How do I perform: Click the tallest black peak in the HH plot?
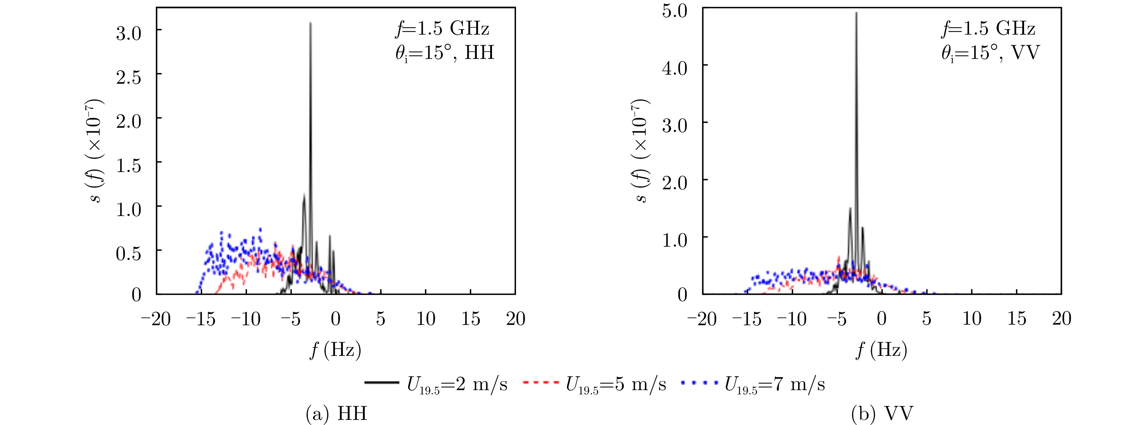coord(310,25)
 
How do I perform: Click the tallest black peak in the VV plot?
coord(856,14)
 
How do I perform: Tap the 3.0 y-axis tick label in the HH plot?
coord(128,33)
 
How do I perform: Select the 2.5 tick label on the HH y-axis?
coord(128,77)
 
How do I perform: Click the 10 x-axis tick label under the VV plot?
coord(972,319)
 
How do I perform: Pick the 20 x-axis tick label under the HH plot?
coord(516,319)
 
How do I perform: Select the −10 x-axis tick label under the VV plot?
coord(791,319)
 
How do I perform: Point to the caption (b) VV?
coord(882,414)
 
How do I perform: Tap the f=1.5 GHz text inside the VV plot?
coord(988,29)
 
